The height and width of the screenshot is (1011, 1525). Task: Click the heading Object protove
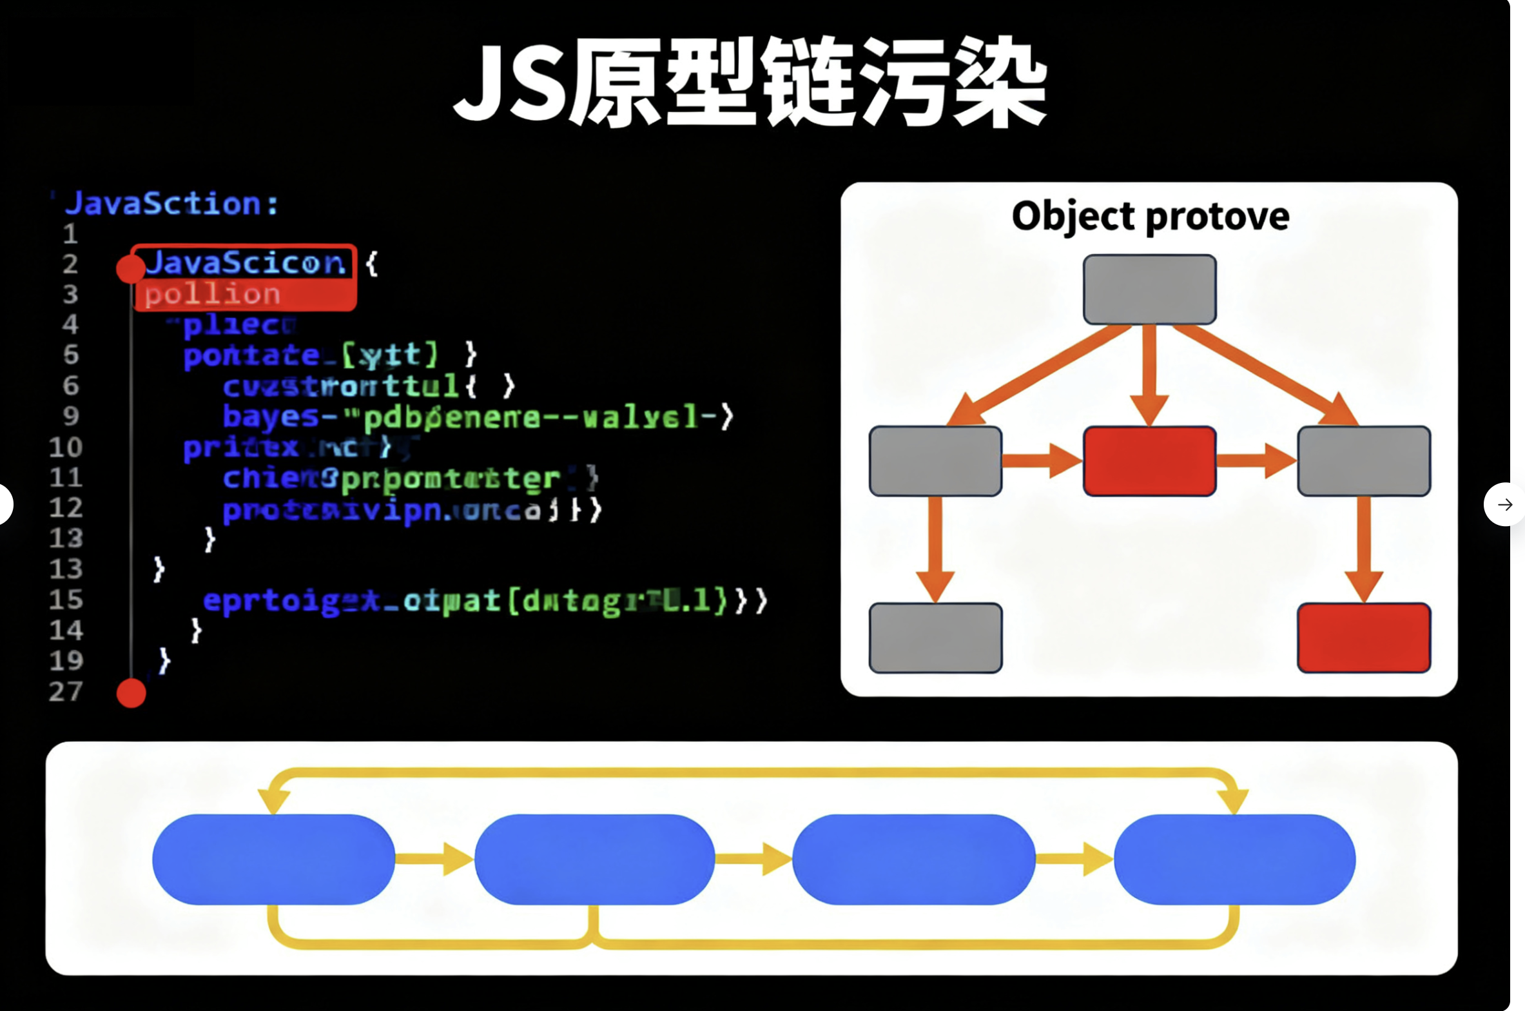(x=1150, y=216)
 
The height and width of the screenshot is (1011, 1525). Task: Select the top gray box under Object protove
(x=1149, y=290)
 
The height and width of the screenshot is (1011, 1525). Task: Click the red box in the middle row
(x=1149, y=461)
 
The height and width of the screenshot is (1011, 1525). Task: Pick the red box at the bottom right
(x=1364, y=638)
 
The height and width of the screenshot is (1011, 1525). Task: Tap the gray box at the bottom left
(x=935, y=638)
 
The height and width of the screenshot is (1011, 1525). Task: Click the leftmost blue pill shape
(x=273, y=859)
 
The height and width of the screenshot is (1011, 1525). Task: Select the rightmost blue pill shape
(x=1234, y=859)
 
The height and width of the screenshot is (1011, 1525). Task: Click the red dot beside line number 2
(x=131, y=268)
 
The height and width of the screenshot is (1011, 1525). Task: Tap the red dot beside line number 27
(x=131, y=693)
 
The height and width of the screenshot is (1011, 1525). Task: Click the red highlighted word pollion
(x=213, y=295)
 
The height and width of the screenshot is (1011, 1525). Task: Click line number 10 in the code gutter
(x=66, y=447)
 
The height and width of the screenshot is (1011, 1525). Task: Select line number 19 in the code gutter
(x=66, y=660)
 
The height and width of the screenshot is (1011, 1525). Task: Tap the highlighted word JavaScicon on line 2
(x=245, y=264)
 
